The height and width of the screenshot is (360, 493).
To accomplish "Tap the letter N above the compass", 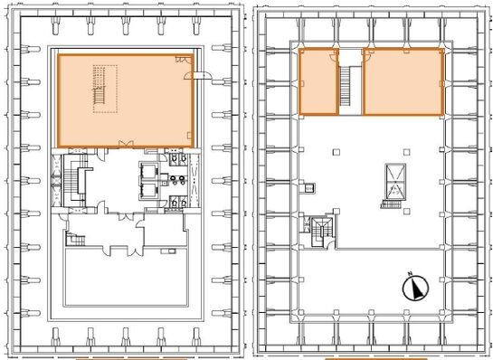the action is point(410,273).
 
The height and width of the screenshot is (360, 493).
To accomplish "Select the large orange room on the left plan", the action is point(125,100).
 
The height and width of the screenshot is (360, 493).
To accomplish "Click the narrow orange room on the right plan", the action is point(318,81).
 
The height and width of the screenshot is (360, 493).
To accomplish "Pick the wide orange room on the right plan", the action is point(403,81).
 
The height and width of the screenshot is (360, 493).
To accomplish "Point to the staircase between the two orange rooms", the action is point(346,86).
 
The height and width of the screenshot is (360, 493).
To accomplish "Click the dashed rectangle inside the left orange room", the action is point(105,89).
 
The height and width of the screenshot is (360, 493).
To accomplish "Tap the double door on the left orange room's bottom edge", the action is point(126,145).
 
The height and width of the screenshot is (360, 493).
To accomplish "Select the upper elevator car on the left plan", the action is point(147,172).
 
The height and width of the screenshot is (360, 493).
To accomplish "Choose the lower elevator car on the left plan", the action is point(147,191).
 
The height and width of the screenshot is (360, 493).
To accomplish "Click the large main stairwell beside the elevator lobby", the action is point(74,181).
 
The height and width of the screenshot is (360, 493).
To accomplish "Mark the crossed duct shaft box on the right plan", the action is point(395,181).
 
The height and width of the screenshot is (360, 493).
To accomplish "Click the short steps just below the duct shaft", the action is point(391,204).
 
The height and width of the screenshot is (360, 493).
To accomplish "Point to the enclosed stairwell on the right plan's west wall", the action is point(321,232).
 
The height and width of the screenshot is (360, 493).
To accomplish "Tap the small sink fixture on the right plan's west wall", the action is point(309,188).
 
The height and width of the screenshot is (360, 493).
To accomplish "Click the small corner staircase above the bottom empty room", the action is point(75,240).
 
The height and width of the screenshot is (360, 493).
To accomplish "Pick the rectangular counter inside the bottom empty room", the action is point(168,251).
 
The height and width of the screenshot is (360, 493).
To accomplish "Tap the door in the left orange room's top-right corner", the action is point(184,59).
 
